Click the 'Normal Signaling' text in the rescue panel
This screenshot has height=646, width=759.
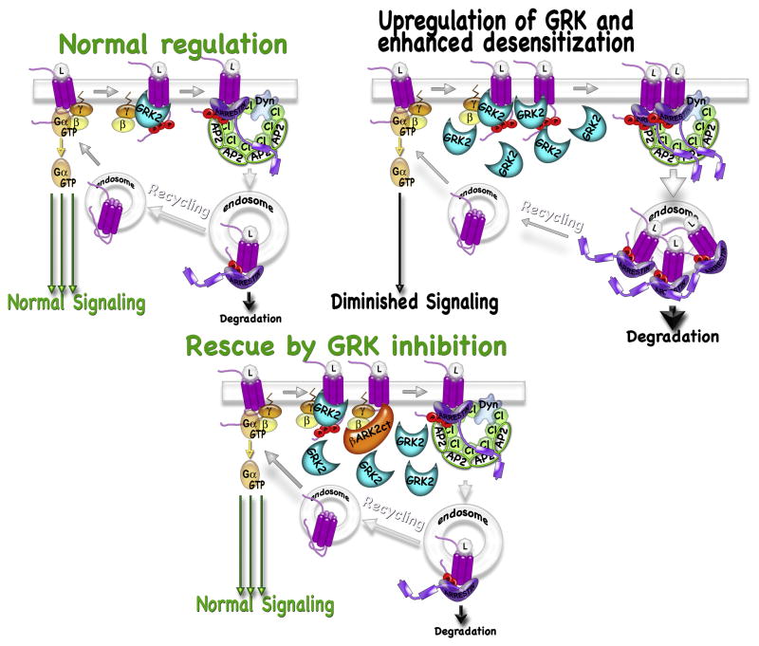tap(268, 603)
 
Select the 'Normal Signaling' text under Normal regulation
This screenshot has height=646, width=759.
tap(75, 304)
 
